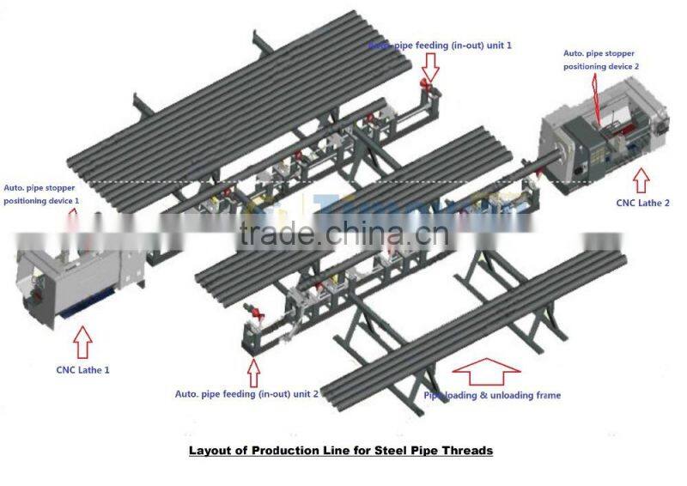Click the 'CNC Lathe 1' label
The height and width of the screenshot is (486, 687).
pyautogui.click(x=82, y=370)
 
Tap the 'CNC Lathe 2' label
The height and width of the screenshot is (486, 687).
pyautogui.click(x=642, y=204)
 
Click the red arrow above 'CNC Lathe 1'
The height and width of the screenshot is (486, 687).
pyautogui.click(x=83, y=341)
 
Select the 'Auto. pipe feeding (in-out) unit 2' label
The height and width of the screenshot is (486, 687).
pyautogui.click(x=247, y=393)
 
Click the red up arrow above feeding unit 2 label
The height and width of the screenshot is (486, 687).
pyautogui.click(x=253, y=371)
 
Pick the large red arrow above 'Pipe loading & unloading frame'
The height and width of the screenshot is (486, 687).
pyautogui.click(x=486, y=370)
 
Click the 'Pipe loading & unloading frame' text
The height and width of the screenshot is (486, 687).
pyautogui.click(x=492, y=395)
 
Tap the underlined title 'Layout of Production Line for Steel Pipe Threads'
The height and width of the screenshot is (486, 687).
pyautogui.click(x=341, y=450)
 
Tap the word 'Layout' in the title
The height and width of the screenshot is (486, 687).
pyautogui.click(x=211, y=450)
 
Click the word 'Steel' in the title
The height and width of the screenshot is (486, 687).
pyautogui.click(x=386, y=450)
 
